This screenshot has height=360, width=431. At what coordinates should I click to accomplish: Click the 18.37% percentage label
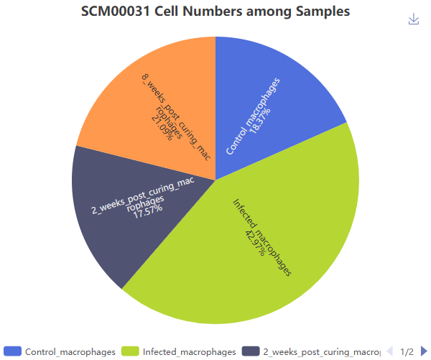point(264,113)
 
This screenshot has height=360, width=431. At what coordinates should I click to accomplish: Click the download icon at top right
point(414,19)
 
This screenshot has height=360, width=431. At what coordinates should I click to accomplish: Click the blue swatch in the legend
point(12,351)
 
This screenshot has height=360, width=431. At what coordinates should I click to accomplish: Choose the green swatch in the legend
point(130,351)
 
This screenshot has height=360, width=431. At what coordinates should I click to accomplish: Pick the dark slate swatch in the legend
point(251,351)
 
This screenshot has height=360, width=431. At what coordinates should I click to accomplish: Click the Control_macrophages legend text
point(70,351)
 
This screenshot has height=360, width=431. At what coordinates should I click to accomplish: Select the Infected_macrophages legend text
point(189,351)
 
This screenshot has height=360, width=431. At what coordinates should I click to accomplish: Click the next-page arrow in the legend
point(424,351)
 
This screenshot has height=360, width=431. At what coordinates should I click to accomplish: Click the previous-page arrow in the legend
point(389,351)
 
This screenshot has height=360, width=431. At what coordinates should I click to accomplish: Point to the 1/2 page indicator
point(407,351)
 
